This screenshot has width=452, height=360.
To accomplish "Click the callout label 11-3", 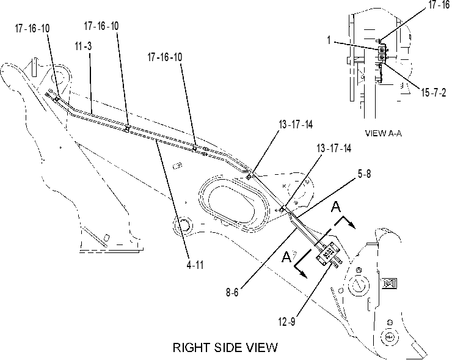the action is point(83,46).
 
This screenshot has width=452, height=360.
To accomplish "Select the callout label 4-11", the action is point(195,265).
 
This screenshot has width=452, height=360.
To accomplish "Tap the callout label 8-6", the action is point(232,293).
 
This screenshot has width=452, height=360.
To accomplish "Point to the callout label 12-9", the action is point(287,321).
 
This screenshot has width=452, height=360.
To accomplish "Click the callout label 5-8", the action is point(365,174).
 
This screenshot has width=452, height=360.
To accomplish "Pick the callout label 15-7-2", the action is point(434,92).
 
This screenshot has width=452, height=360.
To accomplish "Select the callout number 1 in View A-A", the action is point(329,40).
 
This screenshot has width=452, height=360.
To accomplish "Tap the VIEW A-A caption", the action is point(384,133).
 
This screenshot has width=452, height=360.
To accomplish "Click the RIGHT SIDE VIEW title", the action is point(225,347).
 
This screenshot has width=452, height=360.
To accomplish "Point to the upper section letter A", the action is point(336,207).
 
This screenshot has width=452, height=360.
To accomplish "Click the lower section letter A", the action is point(286,257).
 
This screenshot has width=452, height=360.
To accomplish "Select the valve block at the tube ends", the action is point(327,254).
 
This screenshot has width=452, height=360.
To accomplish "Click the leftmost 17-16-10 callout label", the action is point(32,28).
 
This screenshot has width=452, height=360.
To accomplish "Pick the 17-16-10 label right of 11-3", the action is point(101,26).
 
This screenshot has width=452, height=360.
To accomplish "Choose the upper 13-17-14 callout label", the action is point(296,125).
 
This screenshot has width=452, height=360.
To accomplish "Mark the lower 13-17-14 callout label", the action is point(334,149).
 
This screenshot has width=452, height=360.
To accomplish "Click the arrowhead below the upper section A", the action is point(352,225).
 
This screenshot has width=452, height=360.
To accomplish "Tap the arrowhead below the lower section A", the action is point(304,274).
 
